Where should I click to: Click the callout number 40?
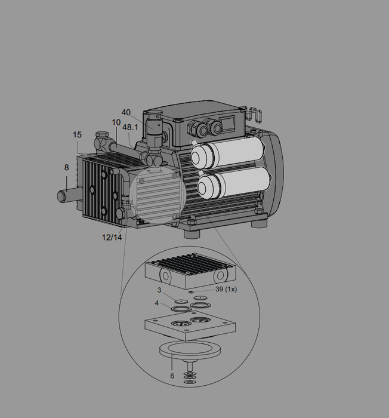[x=126, y=112]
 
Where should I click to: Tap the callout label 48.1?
[x=130, y=127]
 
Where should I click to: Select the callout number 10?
[x=116, y=122]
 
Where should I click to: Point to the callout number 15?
[x=78, y=134]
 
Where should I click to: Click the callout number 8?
[x=67, y=167]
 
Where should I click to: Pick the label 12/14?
[x=112, y=237]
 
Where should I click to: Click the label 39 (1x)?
[x=226, y=289]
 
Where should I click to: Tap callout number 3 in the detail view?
[x=159, y=290]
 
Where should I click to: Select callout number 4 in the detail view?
[x=157, y=303]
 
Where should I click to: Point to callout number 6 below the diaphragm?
[x=172, y=376]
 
